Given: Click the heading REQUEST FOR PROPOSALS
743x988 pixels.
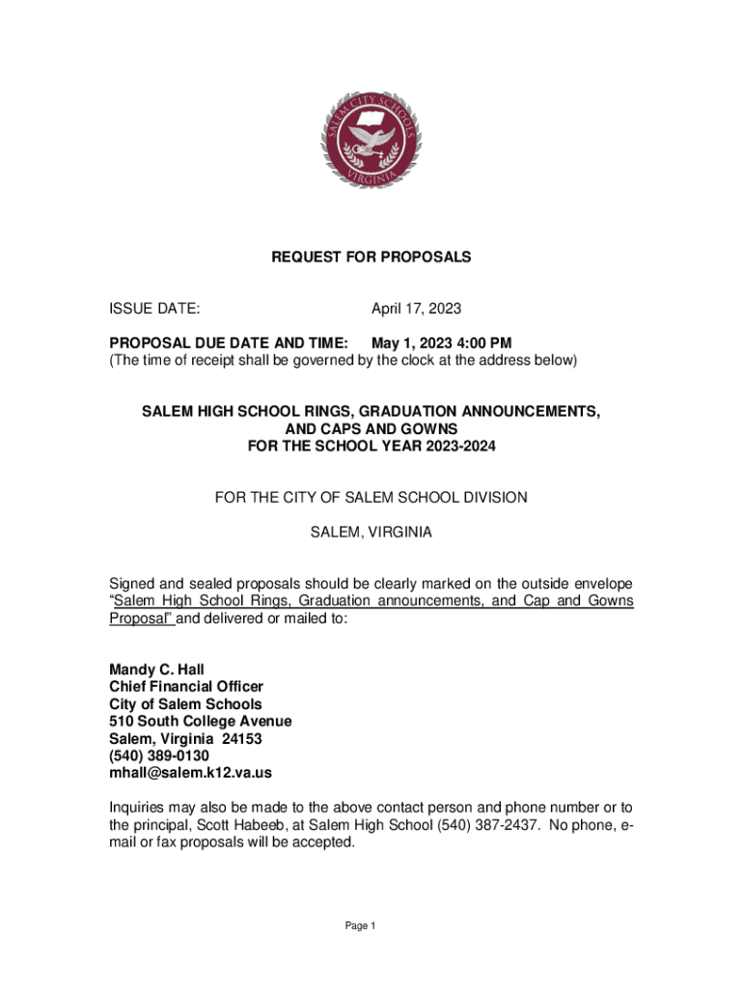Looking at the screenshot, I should coord(371,258).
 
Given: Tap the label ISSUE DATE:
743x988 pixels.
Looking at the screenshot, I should coord(154,309).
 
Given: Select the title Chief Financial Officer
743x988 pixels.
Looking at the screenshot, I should coord(185,687).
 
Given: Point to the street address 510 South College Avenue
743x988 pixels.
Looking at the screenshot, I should coord(200,722).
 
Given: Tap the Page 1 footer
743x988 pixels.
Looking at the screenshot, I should coord(360,926).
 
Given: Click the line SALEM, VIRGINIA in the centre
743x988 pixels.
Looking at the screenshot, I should coord(371,533).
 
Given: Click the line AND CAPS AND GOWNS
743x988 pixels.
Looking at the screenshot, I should coord(371,428).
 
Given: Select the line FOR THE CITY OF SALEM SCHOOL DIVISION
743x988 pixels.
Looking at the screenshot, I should coord(371,498).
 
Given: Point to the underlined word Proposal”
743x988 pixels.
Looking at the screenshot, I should coord(141,618).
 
